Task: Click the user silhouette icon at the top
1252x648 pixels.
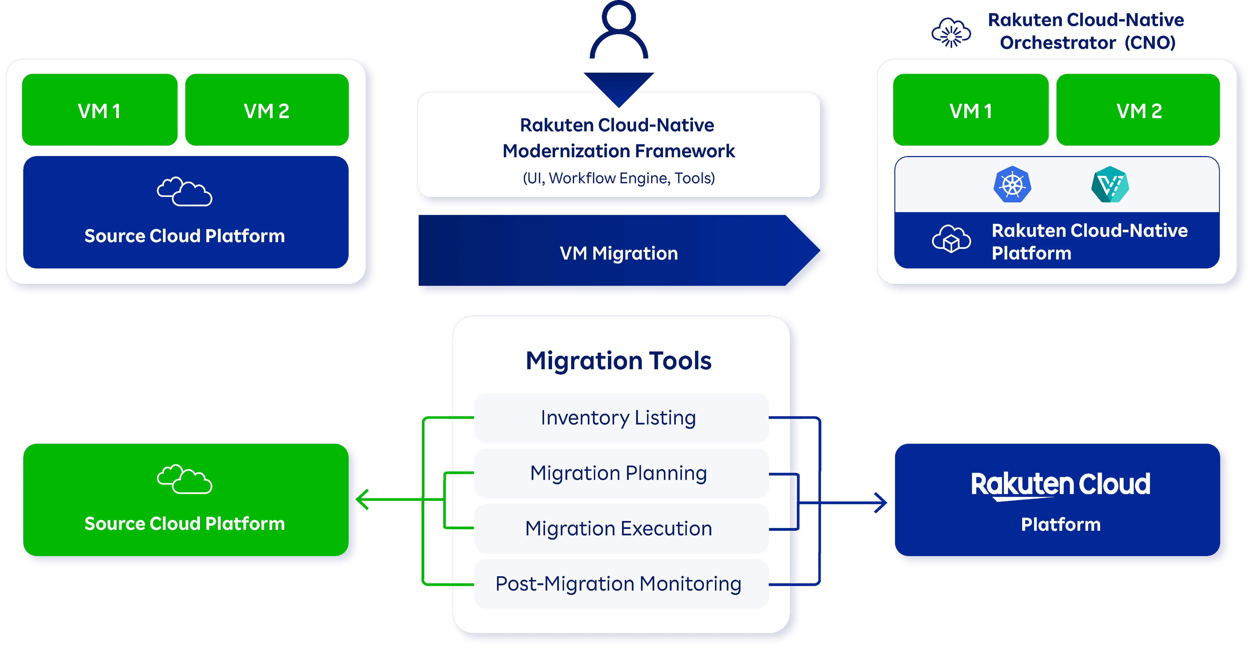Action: coord(619,30)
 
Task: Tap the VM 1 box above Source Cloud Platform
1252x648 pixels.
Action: coord(100,110)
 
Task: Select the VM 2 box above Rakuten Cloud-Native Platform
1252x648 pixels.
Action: coord(1138,110)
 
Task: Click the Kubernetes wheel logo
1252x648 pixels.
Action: coord(1012,185)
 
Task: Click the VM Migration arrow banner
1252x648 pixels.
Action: coord(619,253)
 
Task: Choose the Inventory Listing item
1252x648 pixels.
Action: coord(619,418)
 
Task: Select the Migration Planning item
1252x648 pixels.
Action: coord(619,473)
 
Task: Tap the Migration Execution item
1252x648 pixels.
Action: coord(619,529)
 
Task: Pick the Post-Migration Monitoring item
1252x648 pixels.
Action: coord(619,584)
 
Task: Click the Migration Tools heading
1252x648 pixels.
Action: coord(619,361)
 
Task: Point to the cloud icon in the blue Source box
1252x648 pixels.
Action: coord(185,192)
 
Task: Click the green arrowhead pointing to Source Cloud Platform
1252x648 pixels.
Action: coord(362,499)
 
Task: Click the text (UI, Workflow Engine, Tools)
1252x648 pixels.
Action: coord(619,178)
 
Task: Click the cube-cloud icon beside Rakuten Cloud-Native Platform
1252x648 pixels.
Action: coord(951,239)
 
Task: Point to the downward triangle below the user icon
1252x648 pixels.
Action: coord(619,87)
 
